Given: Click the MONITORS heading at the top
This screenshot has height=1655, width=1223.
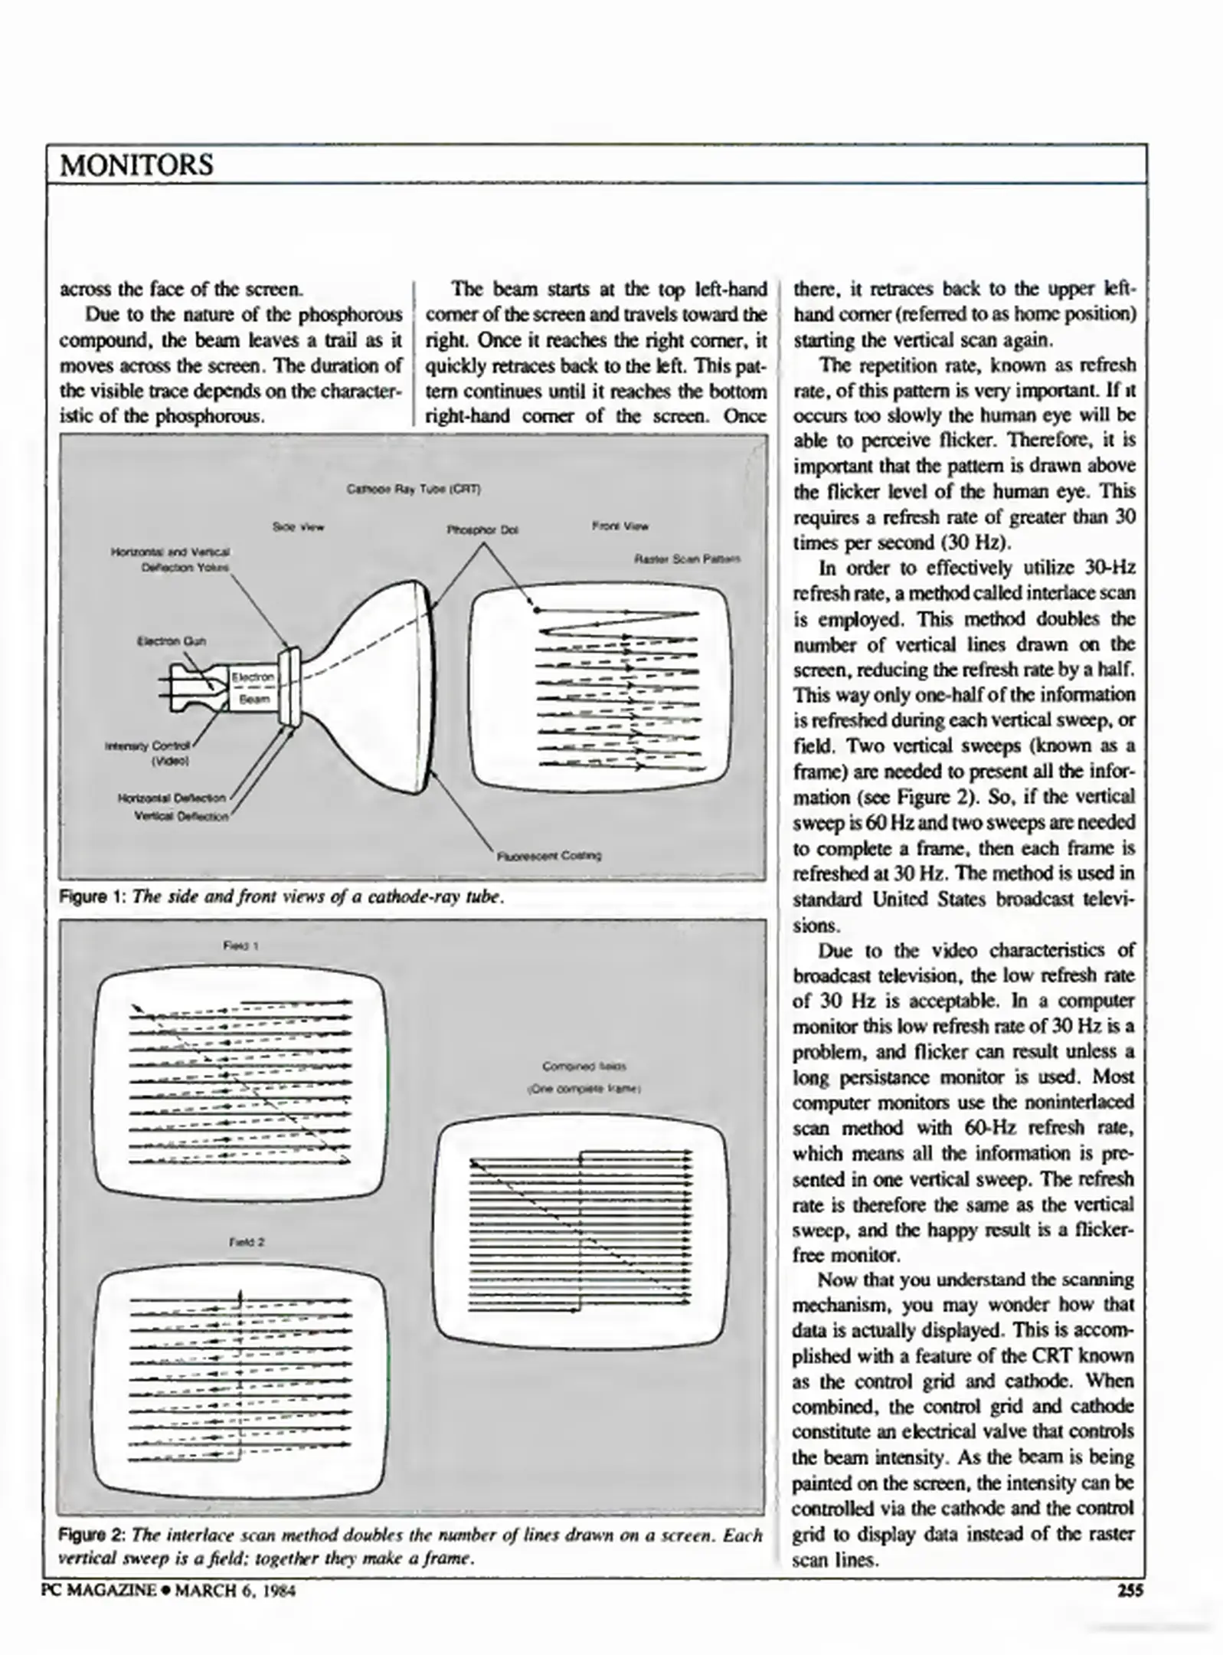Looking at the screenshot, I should (136, 165).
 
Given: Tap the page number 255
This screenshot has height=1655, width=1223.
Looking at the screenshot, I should (1130, 1591).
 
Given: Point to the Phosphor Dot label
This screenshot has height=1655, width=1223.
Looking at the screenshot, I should (482, 529).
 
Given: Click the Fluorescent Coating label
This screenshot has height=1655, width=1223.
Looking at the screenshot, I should (549, 855).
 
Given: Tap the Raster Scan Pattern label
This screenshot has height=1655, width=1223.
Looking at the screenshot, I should (687, 559).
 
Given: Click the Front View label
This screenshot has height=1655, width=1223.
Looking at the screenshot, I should (620, 526).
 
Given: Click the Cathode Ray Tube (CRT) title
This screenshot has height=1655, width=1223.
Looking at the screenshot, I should (414, 488).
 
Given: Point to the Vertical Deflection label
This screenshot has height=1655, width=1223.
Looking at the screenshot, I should (181, 816).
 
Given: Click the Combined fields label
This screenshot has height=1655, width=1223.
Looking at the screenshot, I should (584, 1066).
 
